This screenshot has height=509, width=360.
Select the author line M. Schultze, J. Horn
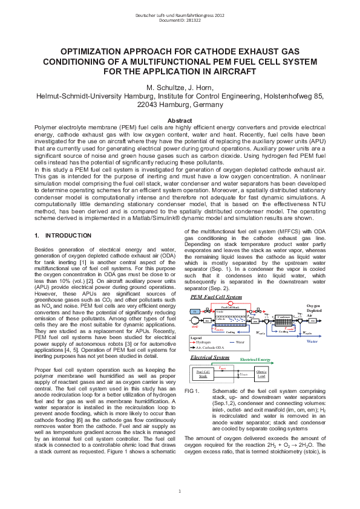coord(180,86)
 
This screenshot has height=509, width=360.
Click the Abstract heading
coord(180,121)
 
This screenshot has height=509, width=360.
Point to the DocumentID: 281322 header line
coord(180,20)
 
